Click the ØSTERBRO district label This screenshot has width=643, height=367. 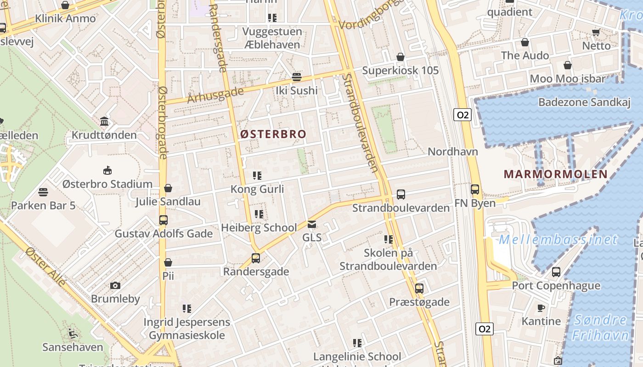273,134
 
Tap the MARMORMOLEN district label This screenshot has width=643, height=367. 556,174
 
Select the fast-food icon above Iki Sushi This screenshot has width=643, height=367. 297,77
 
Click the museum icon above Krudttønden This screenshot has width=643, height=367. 104,122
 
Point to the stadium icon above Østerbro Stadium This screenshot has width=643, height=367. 107,171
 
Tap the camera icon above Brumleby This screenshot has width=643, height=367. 115,285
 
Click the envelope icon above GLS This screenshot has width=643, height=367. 312,224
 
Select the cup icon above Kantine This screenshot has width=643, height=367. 541,308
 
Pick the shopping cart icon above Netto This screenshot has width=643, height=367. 596,33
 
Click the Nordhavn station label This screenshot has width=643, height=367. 453,152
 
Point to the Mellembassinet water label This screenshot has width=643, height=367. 558,239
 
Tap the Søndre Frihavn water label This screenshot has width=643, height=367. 601,327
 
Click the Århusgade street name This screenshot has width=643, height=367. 215,95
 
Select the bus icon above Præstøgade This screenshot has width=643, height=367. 419,289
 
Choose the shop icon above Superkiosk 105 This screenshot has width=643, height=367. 400,57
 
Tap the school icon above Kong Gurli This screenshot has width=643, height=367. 257,176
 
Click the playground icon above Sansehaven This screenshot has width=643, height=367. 73,333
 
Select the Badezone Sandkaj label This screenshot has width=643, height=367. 584,102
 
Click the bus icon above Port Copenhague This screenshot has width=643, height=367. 556,272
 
